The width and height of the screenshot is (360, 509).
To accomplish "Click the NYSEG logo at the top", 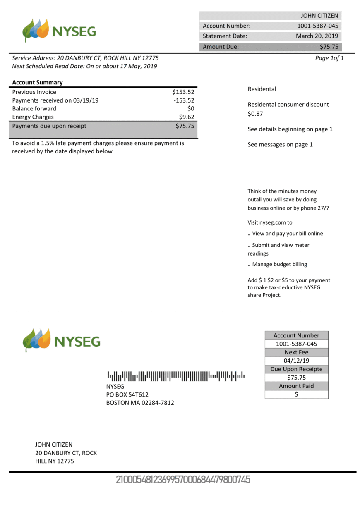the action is [59, 31].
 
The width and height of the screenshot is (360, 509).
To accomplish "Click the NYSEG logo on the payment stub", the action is [61, 340].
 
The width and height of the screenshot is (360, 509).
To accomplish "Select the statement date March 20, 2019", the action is [317, 36].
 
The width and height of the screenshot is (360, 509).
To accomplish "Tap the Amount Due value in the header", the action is [329, 47].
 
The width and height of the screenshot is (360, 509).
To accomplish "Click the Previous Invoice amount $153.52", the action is [183, 92].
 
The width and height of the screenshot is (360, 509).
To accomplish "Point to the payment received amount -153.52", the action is [184, 100].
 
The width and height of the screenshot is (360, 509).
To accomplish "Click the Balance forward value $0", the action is [190, 109].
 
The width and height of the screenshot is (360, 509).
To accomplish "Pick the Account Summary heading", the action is [38, 82].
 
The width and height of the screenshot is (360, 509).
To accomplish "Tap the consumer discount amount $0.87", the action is [255, 114].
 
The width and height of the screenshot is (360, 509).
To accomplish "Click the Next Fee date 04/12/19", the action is [296, 361].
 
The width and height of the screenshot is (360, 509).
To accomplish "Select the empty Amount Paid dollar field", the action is [296, 394].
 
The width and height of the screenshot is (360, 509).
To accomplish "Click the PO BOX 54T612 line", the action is [127, 394].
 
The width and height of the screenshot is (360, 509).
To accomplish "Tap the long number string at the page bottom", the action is [183, 480].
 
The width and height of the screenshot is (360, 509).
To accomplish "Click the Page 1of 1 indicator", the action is [329, 58].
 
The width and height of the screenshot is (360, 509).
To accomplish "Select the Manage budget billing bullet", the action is [279, 264].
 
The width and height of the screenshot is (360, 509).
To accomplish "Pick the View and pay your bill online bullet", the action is [287, 234].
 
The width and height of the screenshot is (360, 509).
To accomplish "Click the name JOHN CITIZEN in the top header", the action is [319, 16].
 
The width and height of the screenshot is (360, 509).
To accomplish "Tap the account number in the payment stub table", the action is [296, 344].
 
